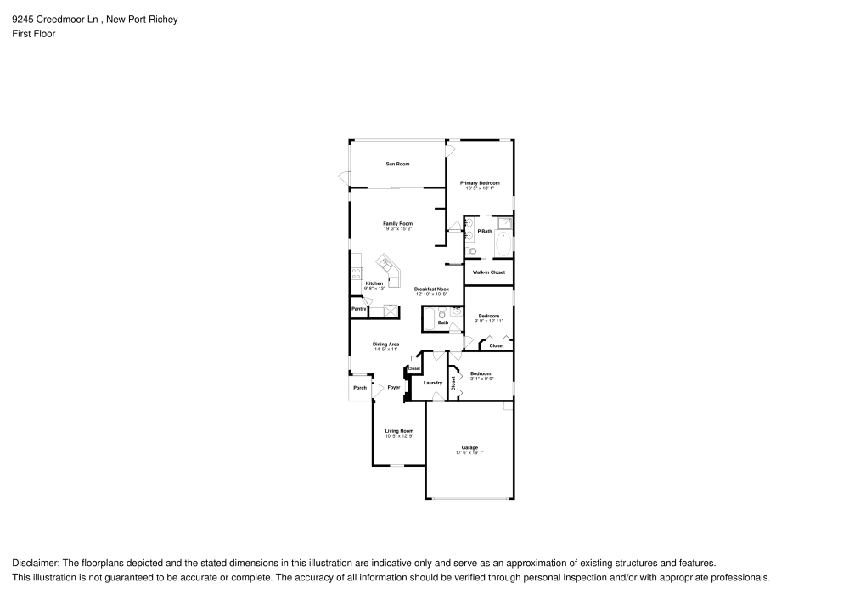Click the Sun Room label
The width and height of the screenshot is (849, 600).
click(398, 164)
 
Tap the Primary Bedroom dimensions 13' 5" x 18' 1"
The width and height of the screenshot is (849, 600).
click(480, 188)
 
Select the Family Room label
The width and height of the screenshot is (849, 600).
click(397, 223)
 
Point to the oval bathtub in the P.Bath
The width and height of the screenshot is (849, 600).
click(503, 245)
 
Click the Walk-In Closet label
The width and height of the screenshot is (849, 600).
click(489, 272)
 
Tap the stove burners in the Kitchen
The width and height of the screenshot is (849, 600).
click(356, 273)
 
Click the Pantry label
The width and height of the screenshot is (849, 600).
click(358, 309)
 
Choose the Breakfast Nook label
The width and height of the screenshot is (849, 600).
click(431, 289)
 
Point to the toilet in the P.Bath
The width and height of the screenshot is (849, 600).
click(470, 250)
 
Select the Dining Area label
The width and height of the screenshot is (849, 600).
click(386, 344)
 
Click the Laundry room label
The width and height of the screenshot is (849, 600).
click(432, 383)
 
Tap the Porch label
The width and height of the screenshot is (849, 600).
click(360, 388)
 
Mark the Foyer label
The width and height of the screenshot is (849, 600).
click(394, 387)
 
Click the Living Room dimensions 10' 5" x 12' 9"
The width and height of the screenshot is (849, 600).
click(399, 436)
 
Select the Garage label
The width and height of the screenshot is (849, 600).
click(469, 447)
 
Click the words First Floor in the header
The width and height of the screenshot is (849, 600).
click(34, 34)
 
